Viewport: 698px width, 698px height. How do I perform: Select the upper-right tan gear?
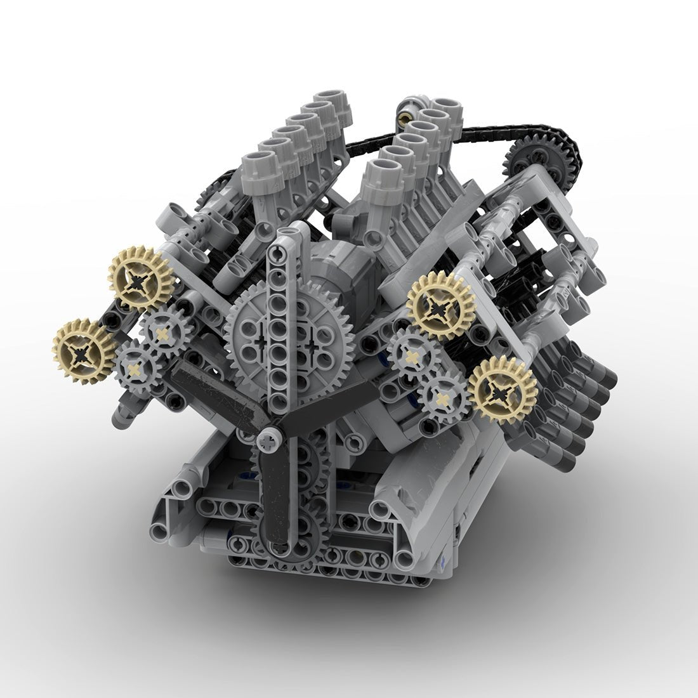click(437, 305)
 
